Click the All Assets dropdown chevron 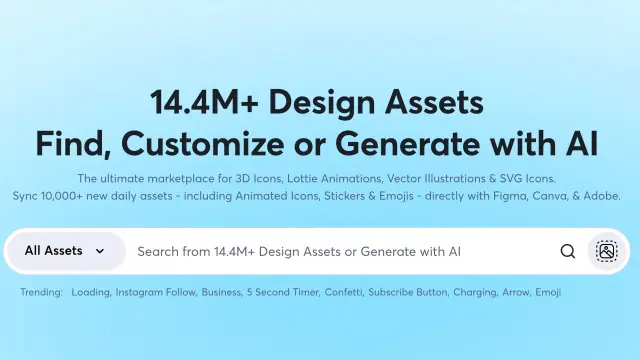[x=100, y=251]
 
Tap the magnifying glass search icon [x=567, y=251]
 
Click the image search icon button [x=607, y=251]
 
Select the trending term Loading [x=91, y=292]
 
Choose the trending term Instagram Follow [x=156, y=292]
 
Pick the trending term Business [x=222, y=292]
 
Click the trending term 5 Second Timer [x=283, y=292]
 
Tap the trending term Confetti [x=344, y=292]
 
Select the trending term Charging [x=476, y=292]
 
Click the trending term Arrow [x=517, y=292]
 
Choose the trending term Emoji [x=548, y=292]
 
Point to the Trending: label [x=42, y=292]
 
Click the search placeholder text [x=299, y=251]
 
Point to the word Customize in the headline [x=202, y=144]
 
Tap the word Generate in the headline [x=407, y=144]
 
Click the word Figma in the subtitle [x=510, y=196]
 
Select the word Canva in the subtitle [x=549, y=196]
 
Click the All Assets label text [x=53, y=251]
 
